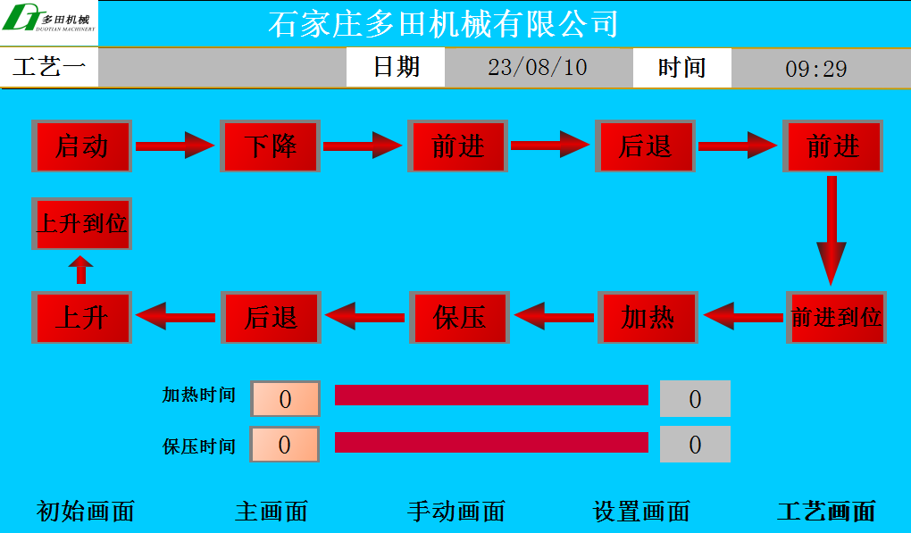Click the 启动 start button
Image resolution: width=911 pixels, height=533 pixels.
pyautogui.click(x=81, y=146)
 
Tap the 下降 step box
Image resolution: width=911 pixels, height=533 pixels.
pyautogui.click(x=270, y=146)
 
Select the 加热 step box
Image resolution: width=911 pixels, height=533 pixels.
pyautogui.click(x=648, y=317)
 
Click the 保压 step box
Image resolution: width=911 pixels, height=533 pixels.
pyautogui.click(x=459, y=317)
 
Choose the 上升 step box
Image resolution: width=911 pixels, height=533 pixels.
pyautogui.click(x=81, y=317)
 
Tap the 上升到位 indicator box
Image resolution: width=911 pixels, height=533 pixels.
pyautogui.click(x=81, y=223)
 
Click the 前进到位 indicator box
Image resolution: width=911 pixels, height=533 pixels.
pyautogui.click(x=836, y=317)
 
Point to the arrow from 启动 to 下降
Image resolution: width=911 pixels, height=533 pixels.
pyautogui.click(x=175, y=145)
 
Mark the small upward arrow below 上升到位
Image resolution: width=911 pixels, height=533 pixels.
pyautogui.click(x=81, y=270)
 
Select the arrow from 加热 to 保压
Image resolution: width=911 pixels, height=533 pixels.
pyautogui.click(x=554, y=316)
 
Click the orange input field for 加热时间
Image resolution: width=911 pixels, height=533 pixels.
pyautogui.click(x=285, y=399)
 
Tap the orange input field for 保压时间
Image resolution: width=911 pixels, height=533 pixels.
pyautogui.click(x=285, y=445)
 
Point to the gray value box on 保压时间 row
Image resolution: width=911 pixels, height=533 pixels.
pyautogui.click(x=695, y=445)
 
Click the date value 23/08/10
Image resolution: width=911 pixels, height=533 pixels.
pyautogui.click(x=538, y=67)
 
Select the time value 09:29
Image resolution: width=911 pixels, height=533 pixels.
pyautogui.click(x=816, y=68)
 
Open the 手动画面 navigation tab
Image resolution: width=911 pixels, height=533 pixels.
pyautogui.click(x=456, y=512)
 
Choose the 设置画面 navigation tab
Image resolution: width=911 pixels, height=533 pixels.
pyautogui.click(x=642, y=512)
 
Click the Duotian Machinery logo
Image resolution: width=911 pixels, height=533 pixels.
pyautogui.click(x=49, y=22)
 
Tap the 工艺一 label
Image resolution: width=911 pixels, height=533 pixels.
pyautogui.click(x=49, y=67)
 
